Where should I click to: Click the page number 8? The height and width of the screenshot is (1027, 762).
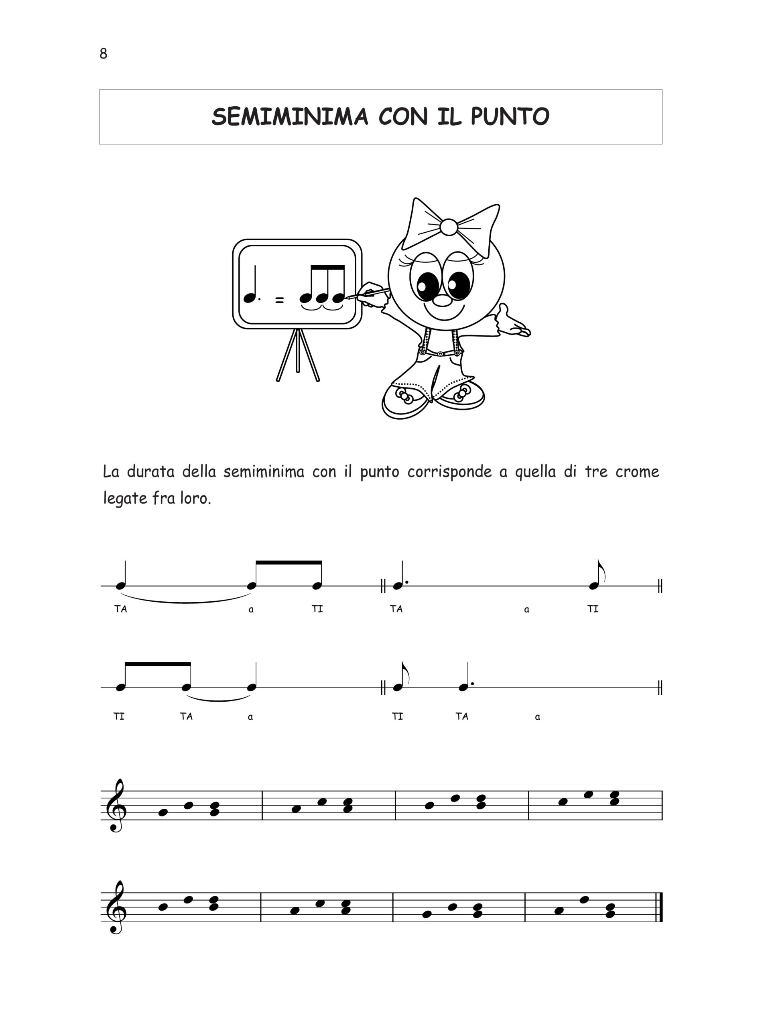103,54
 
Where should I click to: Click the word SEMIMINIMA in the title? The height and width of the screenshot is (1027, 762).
290,117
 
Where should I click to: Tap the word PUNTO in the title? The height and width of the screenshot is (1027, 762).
510,117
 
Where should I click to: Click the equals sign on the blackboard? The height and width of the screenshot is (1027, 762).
280,300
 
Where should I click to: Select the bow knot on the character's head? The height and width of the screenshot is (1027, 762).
448,227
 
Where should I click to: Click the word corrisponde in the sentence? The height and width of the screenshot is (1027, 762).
449,472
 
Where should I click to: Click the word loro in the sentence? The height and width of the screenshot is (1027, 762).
195,499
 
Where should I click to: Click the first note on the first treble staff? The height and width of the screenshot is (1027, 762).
163,812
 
